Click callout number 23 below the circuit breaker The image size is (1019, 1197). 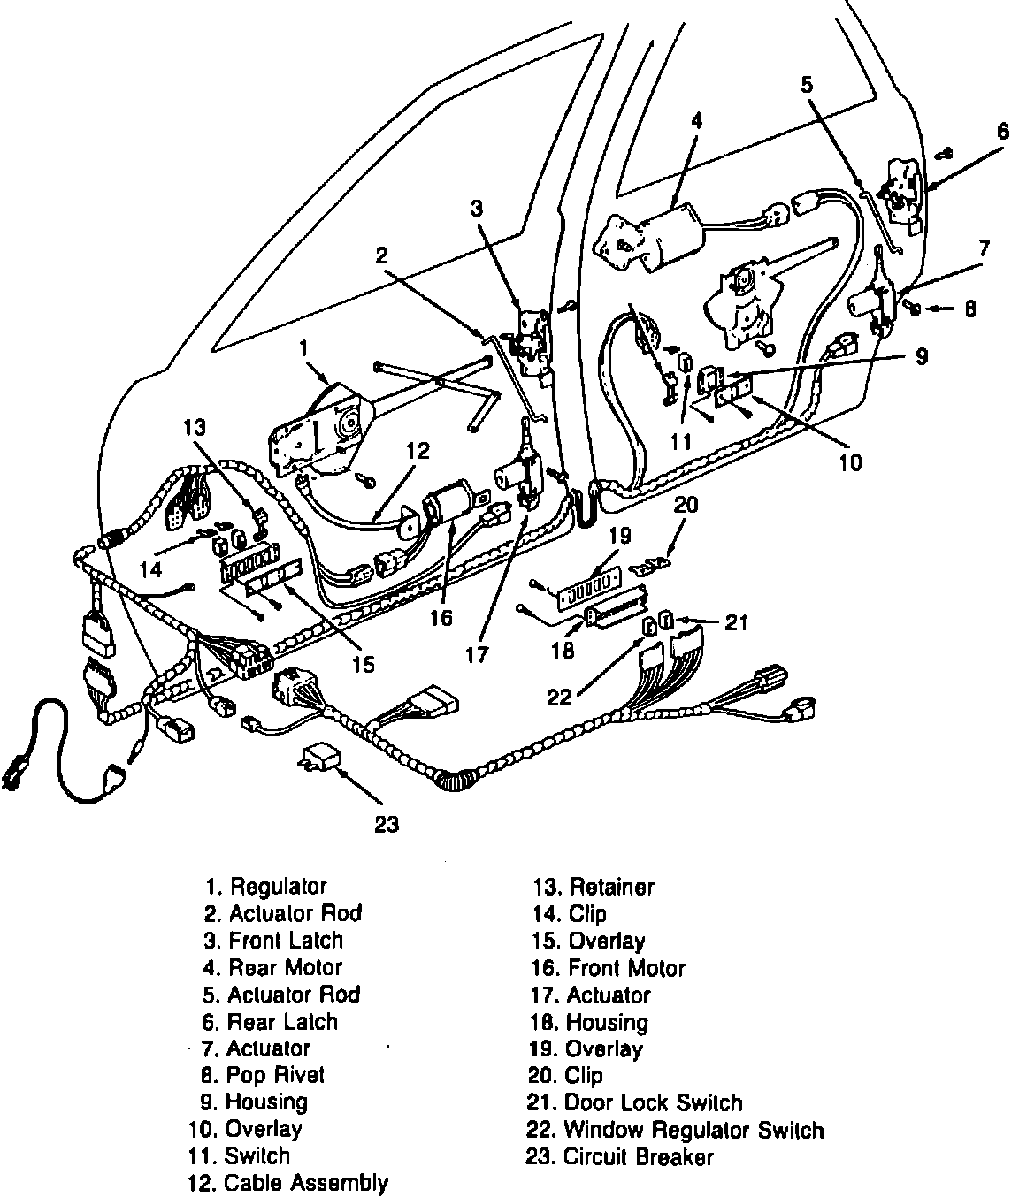point(387,824)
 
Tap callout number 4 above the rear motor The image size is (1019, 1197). point(697,120)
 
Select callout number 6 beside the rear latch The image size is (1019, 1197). point(1002,132)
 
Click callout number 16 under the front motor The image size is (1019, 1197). point(441,617)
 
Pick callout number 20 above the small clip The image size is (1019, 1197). point(686,505)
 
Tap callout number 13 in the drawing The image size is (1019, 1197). point(195,427)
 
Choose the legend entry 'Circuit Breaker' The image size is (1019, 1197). point(619,1156)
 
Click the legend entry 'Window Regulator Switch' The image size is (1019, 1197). point(677,1130)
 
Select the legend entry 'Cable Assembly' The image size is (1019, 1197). point(288,1183)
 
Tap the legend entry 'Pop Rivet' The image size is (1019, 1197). point(264,1075)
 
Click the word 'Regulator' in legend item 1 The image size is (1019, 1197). point(279,886)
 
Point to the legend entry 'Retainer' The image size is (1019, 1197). point(594,886)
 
